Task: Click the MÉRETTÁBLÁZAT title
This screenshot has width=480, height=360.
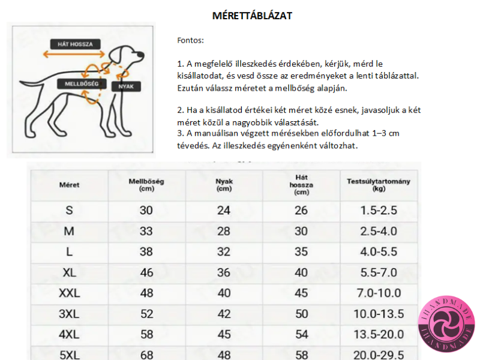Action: point(252,16)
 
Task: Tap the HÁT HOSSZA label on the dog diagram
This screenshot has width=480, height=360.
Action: point(75,44)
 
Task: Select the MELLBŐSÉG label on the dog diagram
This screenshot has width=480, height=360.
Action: point(82,83)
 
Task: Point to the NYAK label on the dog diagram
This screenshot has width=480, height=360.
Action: point(127,86)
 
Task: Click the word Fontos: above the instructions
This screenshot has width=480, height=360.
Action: point(190,41)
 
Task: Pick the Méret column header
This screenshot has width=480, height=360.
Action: point(69,185)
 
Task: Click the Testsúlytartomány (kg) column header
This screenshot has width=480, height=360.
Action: point(379,185)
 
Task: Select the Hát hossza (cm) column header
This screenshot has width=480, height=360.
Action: point(302,185)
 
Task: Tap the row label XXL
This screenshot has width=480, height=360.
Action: point(69,293)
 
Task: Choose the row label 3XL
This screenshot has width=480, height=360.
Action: point(69,314)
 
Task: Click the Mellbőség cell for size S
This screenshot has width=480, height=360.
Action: point(146,211)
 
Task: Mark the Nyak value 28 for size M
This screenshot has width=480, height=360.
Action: point(224,232)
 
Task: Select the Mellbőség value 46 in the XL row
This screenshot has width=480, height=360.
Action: point(146,273)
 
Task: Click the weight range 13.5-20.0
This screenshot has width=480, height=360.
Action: point(380,334)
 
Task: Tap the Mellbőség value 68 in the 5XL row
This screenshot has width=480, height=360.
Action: point(146,355)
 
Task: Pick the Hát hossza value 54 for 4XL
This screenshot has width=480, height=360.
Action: point(301,334)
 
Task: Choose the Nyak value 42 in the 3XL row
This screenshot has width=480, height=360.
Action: point(224,314)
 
